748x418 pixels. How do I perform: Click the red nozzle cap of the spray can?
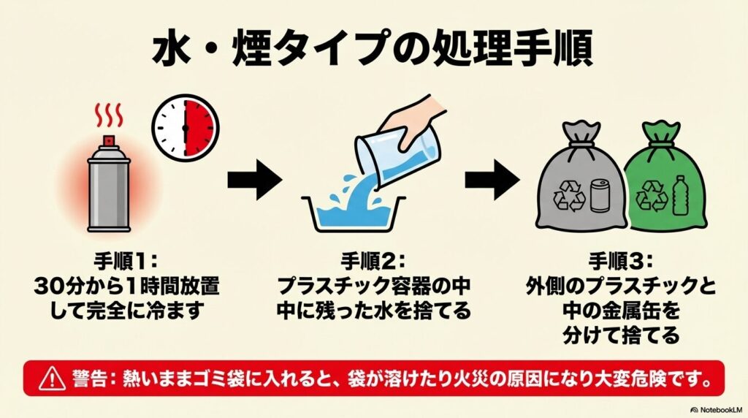pos(108,140)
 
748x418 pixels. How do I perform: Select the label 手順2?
pos(373,260)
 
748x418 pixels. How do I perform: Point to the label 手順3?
pos(620,260)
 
